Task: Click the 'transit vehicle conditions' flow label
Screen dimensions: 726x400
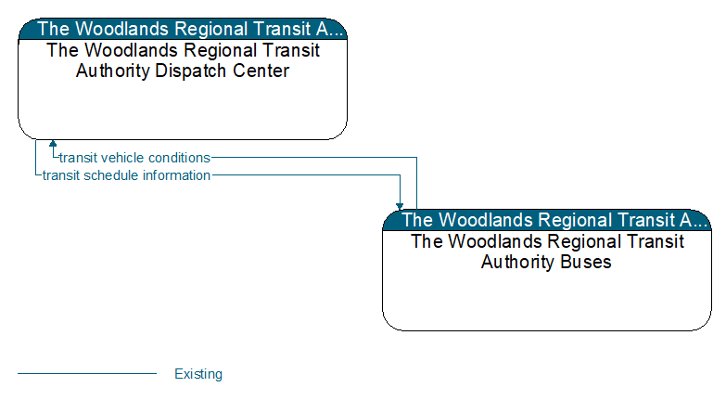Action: [134, 158]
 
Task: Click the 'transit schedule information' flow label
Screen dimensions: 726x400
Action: [126, 175]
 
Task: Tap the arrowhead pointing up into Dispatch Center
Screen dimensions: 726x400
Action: [53, 144]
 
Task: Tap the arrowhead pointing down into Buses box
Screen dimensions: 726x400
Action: [400, 206]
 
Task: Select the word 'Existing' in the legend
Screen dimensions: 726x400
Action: [198, 374]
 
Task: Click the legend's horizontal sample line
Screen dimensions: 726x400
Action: [87, 373]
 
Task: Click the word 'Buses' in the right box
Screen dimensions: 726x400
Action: [586, 262]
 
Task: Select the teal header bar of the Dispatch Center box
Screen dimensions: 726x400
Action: [183, 29]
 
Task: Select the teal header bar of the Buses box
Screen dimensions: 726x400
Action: [547, 220]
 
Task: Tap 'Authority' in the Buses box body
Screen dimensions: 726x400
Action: [518, 262]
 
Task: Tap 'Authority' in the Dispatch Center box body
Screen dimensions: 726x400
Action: [113, 71]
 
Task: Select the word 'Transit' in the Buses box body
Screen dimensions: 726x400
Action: [655, 241]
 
